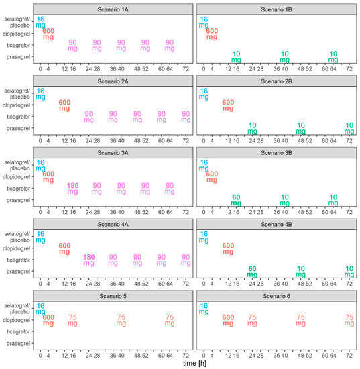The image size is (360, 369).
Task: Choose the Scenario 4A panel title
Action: point(113,224)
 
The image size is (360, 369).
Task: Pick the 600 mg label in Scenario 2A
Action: point(64,105)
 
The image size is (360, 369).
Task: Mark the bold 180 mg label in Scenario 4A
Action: point(89,260)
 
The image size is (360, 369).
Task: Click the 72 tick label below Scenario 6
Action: point(349,355)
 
